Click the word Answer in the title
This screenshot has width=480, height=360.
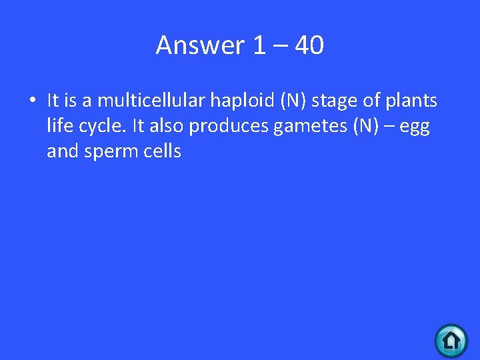[x=201, y=45]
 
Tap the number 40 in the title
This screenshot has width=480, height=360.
[x=309, y=45]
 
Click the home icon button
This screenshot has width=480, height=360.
[x=451, y=341]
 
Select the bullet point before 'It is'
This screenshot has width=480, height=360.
[x=31, y=101]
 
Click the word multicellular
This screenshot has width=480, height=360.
[x=151, y=101]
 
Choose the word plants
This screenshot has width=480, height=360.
[x=409, y=101]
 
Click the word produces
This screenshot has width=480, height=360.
[x=229, y=127]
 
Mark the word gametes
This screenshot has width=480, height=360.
[x=306, y=127]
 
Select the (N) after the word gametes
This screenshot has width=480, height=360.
[x=359, y=126]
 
